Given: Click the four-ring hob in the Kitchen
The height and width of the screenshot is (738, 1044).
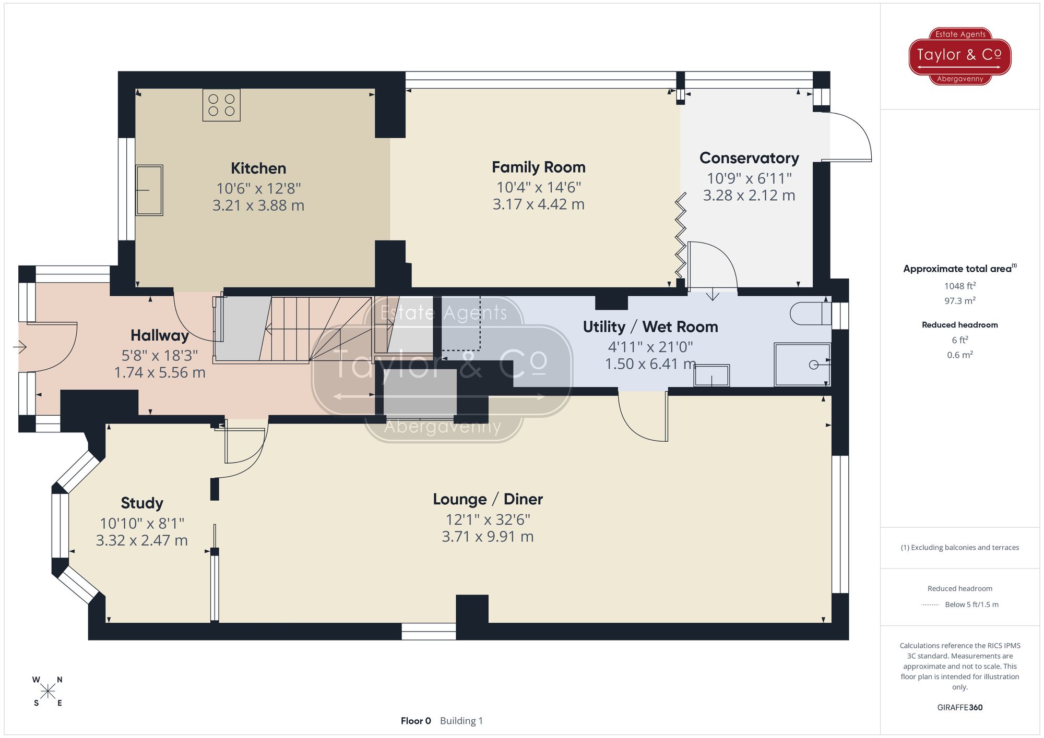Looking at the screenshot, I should coord(221,105).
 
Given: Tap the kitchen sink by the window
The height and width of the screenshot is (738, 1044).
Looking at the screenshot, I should coord(149,190).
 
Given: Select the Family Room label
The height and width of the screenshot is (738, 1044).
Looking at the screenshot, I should coord(538,167).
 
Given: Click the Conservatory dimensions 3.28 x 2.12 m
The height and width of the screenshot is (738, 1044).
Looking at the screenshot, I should coord(749,196).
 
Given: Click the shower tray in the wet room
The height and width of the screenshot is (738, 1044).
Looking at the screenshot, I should coord(802,364).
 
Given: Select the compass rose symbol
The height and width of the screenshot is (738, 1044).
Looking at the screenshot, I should coord(48,692).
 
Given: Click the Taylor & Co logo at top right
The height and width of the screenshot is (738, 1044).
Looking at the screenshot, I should coord(959,56).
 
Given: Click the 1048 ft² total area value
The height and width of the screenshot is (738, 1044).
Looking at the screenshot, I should coord(959,286).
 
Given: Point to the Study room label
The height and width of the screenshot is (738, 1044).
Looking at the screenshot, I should coord(142,503).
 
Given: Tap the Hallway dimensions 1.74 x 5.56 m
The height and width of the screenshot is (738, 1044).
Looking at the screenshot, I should coord(160,372).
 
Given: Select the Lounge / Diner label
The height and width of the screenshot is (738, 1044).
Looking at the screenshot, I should coord(488,499).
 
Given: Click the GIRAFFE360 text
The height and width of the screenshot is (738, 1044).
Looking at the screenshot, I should coord(959,707).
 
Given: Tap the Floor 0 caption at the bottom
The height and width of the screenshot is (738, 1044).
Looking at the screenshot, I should coord(416,721).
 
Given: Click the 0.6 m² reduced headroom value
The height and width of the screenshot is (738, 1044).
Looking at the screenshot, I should coord(959,355).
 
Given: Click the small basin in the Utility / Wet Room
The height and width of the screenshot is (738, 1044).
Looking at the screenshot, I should coord(711,376).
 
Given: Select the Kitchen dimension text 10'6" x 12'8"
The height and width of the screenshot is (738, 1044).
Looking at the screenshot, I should coord(258,188).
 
